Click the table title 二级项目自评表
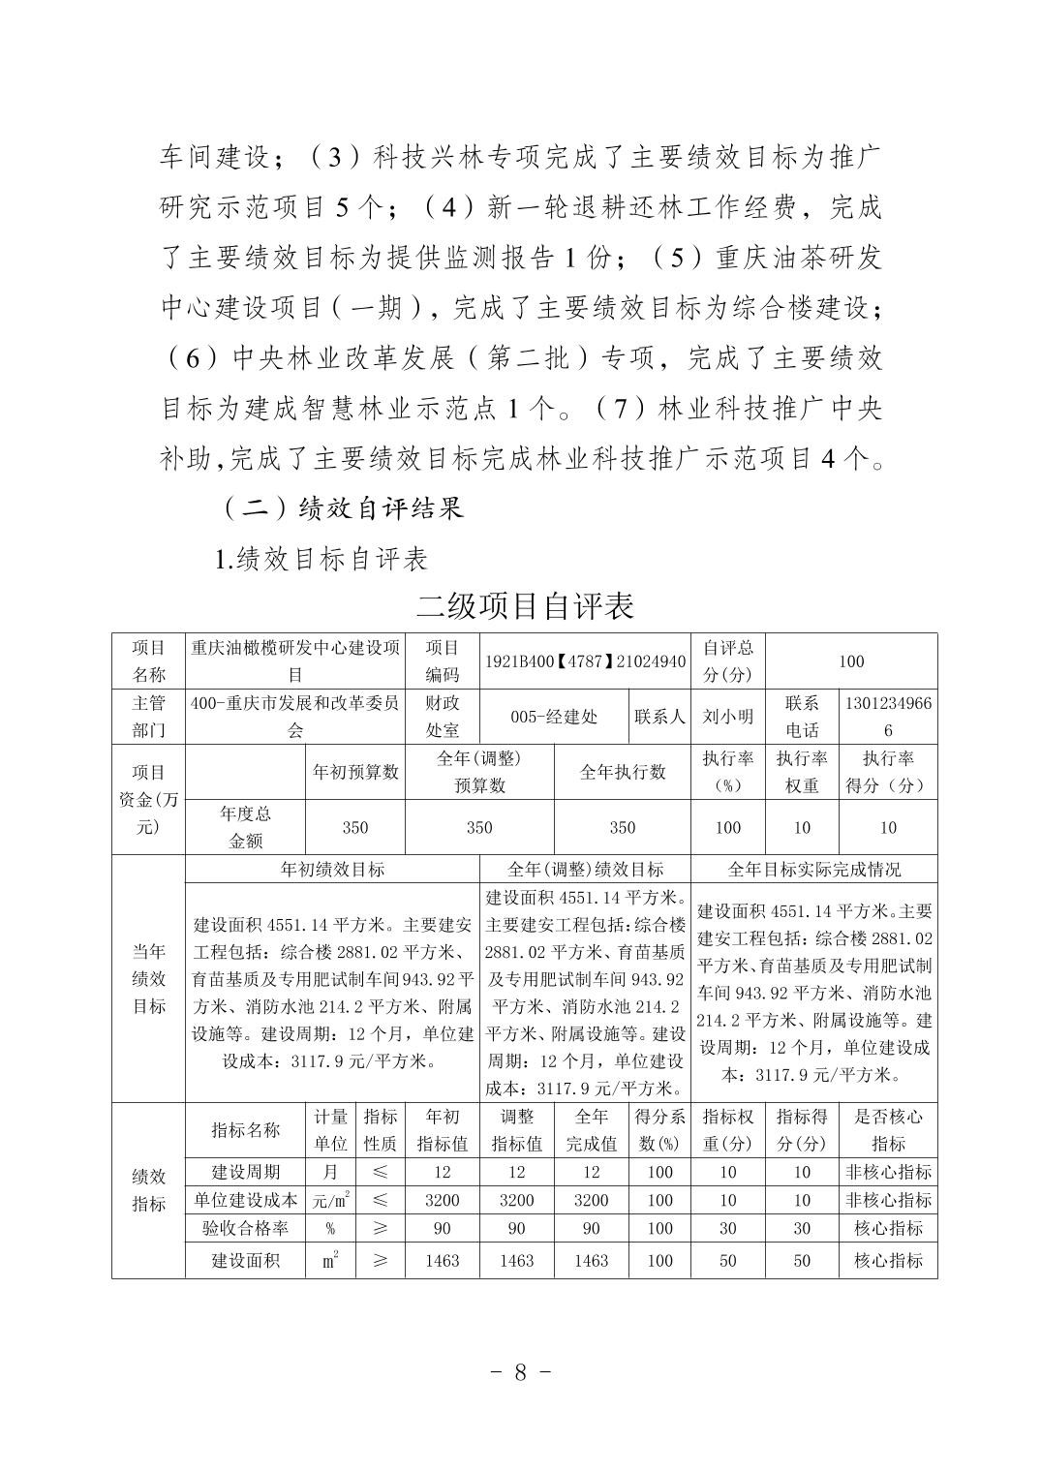[x=524, y=605]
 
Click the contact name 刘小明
[x=727, y=717]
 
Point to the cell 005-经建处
[x=554, y=717]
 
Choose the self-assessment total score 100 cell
[x=850, y=661]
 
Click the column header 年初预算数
[x=354, y=772]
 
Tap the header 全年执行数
[x=622, y=772]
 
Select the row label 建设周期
[x=245, y=1172]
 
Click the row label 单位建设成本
[x=245, y=1200]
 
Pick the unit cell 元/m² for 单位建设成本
[x=330, y=1200]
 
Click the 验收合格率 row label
[x=245, y=1228]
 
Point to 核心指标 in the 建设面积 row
[x=888, y=1260]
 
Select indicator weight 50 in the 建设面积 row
[x=727, y=1260]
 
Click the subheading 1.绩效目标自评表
[x=321, y=559]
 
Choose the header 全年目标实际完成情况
[x=813, y=869]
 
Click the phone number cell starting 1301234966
[x=888, y=717]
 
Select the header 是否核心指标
[x=888, y=1129]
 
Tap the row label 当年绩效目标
[x=148, y=978]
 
